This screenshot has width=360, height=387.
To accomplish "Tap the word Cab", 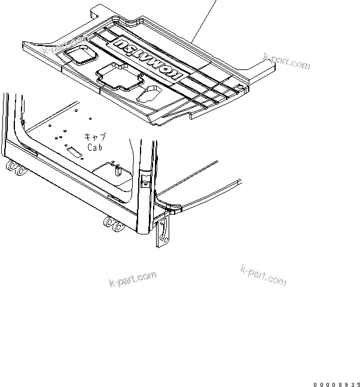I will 96,147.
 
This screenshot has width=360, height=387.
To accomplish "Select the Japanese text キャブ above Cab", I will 95,137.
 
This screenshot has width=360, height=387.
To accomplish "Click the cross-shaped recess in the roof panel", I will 118,75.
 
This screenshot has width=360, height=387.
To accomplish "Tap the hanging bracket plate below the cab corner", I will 161,232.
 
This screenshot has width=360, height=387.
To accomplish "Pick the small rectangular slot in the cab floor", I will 75,153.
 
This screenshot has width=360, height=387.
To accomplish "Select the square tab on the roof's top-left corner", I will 99,10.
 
